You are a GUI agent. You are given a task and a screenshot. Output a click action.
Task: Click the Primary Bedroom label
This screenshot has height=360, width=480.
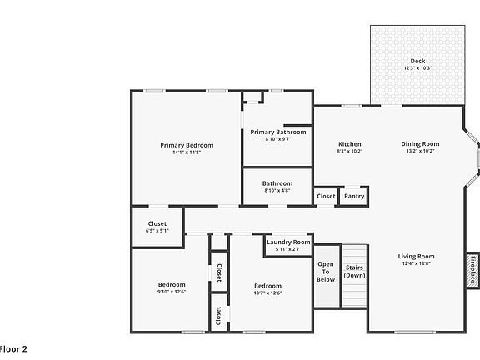pyautogui.click(x=187, y=145)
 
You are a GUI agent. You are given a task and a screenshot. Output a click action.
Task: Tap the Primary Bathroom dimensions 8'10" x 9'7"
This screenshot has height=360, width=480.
pyautogui.click(x=277, y=139)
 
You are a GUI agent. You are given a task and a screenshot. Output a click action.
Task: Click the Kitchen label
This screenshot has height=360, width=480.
pyautogui.click(x=349, y=144)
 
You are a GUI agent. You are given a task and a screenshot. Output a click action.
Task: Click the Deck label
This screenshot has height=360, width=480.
pyautogui.click(x=417, y=61)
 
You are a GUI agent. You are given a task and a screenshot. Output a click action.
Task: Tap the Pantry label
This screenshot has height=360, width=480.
pyautogui.click(x=354, y=197)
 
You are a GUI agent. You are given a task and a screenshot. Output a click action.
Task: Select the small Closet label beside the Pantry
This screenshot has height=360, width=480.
pyautogui.click(x=326, y=197)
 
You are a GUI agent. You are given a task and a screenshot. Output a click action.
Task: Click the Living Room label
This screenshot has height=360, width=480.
pyautogui.click(x=416, y=257)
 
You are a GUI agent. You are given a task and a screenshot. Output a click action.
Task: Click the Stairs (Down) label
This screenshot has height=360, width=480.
pyautogui.click(x=355, y=271)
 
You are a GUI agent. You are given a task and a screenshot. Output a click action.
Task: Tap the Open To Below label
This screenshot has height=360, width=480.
pyautogui.click(x=326, y=272)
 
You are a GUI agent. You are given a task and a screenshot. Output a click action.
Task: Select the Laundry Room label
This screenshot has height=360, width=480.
pyautogui.click(x=288, y=242)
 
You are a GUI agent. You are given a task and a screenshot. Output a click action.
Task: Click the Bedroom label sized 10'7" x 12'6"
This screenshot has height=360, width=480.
pyautogui.click(x=267, y=286)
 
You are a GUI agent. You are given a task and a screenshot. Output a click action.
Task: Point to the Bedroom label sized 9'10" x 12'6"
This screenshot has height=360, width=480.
pyautogui.click(x=171, y=284)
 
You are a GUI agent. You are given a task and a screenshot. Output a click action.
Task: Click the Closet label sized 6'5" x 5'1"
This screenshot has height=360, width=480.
pyautogui.click(x=157, y=223)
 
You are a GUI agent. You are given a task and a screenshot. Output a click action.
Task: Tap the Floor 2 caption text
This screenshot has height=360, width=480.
pyautogui.click(x=13, y=347)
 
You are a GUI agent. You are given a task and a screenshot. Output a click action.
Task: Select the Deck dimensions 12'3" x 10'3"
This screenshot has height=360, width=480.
pyautogui.click(x=417, y=68)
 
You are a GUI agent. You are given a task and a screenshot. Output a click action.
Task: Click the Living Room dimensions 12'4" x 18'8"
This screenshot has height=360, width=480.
pyautogui.click(x=416, y=264)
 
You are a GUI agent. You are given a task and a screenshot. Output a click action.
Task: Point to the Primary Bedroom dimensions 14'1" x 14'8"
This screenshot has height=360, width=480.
pyautogui.click(x=187, y=152)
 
